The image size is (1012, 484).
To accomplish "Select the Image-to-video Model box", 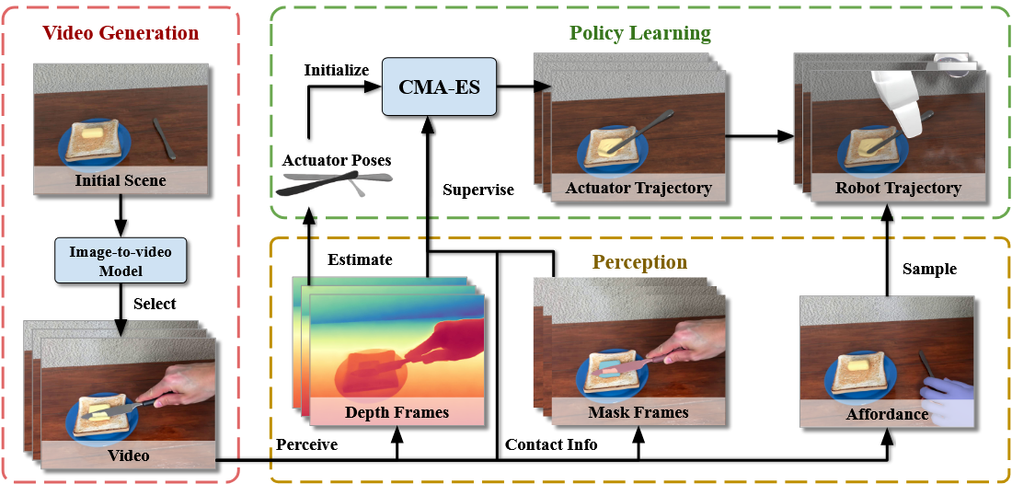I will [121, 258].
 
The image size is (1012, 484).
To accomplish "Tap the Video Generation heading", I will [121, 34].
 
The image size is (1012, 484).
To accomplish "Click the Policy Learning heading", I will [639, 34].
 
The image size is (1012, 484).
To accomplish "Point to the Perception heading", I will [639, 262].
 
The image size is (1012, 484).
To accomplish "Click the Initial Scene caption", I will [121, 180].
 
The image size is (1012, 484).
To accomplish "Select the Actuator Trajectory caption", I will [638, 189].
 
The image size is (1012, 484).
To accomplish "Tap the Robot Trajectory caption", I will [898, 188].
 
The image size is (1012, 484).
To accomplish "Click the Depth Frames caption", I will [396, 412].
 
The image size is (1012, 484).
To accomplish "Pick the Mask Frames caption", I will [638, 412].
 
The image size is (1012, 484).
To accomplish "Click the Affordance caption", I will [887, 415].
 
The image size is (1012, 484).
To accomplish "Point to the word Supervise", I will [477, 190].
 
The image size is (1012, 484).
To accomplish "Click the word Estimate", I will [360, 259].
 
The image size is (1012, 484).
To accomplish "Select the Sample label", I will [930, 270].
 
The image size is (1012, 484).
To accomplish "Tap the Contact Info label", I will [551, 444].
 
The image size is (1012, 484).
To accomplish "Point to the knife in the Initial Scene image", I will [161, 136].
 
